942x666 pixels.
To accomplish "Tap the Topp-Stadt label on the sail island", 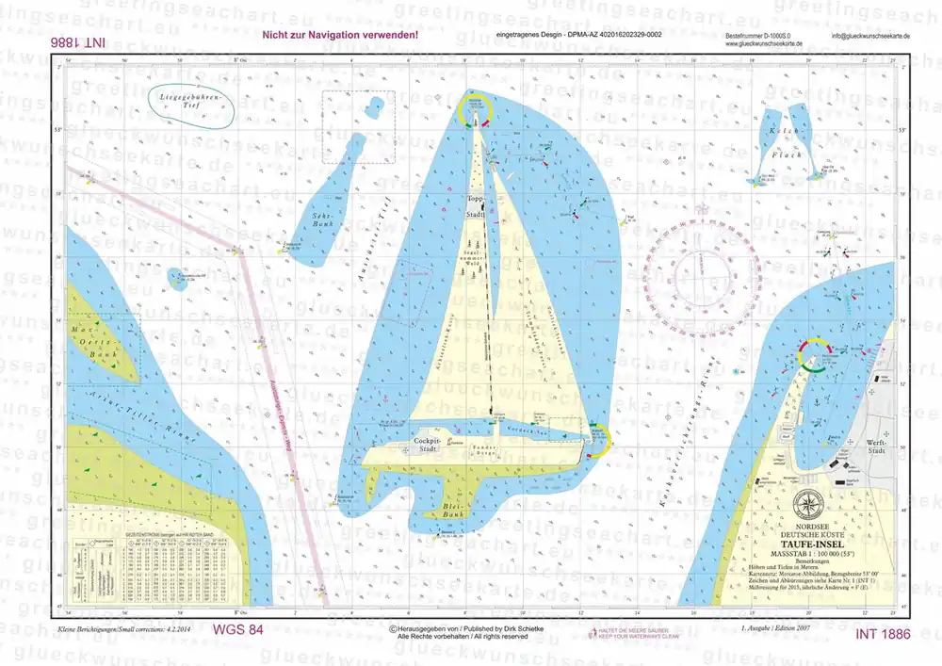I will [475, 207].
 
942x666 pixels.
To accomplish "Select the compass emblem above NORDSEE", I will [807, 503].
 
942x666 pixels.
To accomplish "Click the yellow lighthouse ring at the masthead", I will [475, 111].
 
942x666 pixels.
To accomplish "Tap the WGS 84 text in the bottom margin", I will [236, 629].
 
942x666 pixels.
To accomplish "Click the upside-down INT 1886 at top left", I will [74, 43].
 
